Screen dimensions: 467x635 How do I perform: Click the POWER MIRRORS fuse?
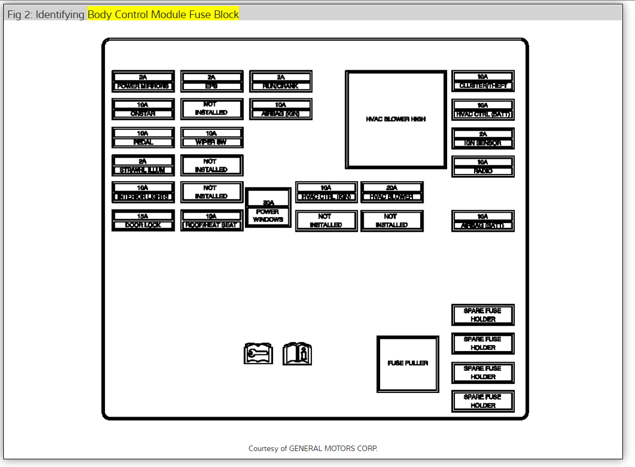click(x=143, y=81)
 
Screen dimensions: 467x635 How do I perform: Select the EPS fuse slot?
click(x=211, y=81)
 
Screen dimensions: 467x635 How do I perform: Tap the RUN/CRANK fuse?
click(x=281, y=81)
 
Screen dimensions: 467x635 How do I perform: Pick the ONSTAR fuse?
click(x=143, y=109)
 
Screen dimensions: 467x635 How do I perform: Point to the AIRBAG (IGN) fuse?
click(x=281, y=109)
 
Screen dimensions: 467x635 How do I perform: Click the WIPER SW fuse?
click(x=211, y=138)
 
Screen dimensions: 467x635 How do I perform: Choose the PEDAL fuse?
click(x=143, y=138)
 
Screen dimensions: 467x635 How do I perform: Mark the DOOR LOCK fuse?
click(x=143, y=220)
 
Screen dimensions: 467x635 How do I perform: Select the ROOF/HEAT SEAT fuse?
click(x=211, y=220)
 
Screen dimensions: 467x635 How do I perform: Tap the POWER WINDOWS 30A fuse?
click(x=268, y=208)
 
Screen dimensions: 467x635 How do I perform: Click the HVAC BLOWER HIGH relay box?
click(x=396, y=119)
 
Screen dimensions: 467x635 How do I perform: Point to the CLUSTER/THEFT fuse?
click(x=483, y=81)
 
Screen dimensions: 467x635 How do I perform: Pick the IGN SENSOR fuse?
click(x=483, y=138)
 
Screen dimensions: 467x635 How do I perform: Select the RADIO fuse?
click(x=483, y=166)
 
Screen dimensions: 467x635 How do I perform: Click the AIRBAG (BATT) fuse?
click(x=483, y=221)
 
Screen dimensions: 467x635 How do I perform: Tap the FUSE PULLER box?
click(x=408, y=364)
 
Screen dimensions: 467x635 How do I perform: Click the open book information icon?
click(x=297, y=354)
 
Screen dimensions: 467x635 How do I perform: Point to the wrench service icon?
click(x=258, y=354)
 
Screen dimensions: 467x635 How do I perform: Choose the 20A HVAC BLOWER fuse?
click(x=392, y=192)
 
